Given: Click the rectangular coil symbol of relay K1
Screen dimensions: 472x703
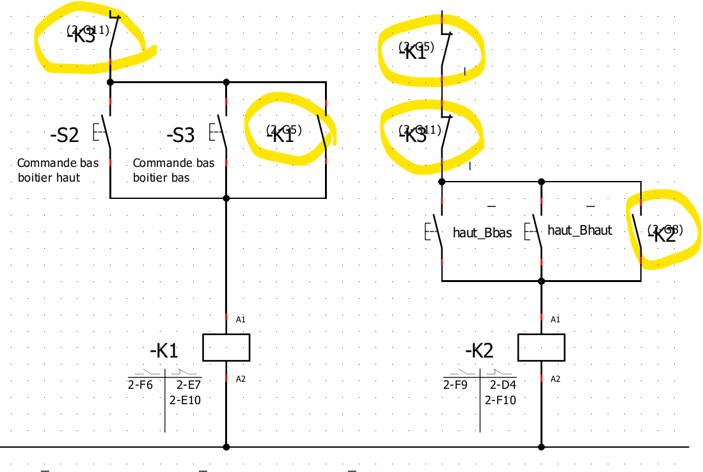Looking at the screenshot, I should (x=226, y=347).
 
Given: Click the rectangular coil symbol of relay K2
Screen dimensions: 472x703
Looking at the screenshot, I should (x=541, y=347).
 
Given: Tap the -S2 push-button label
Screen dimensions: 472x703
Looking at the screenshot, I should (x=64, y=136).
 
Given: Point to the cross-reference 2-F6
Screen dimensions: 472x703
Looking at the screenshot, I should (x=141, y=385).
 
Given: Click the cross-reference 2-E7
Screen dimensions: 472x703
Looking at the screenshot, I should (x=189, y=385).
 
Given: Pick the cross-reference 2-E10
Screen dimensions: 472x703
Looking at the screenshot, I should (x=186, y=400).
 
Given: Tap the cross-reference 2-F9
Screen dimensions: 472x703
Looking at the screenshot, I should (x=456, y=385).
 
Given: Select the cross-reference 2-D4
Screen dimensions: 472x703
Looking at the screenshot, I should (x=503, y=385).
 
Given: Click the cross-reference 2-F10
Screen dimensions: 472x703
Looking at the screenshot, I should (x=500, y=400).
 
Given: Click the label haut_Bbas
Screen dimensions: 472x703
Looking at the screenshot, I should (x=482, y=233).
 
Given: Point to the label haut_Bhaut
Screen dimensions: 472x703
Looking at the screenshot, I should (x=580, y=230).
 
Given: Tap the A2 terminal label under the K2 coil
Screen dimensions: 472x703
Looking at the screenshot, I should (x=555, y=379).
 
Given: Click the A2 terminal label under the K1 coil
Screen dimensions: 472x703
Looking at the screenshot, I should (x=241, y=379).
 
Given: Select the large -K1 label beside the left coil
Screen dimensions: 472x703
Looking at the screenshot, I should (x=164, y=350).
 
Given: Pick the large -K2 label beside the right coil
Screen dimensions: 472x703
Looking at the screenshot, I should (x=479, y=350).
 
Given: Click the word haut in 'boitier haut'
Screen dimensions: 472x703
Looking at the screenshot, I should (x=67, y=177).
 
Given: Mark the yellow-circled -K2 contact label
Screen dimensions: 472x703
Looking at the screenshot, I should (x=662, y=234).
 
